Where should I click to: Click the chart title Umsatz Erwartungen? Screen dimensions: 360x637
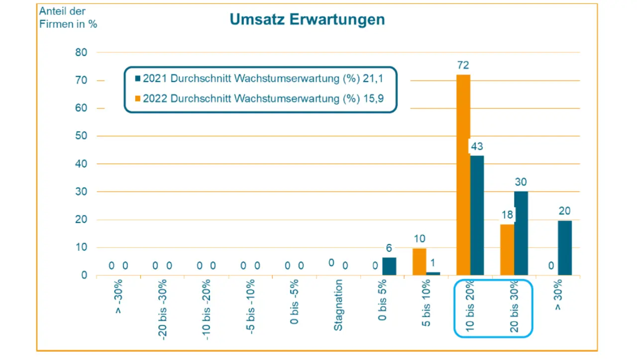point(307,19)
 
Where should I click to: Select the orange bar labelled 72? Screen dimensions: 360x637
point(463,174)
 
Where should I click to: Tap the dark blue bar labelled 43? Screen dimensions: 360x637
point(477,215)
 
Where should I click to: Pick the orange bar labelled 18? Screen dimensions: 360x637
point(507,249)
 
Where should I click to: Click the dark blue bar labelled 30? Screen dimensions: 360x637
point(521,233)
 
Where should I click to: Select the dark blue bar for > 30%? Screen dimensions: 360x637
point(565,247)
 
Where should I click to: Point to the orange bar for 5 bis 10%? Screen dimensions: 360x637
point(420,261)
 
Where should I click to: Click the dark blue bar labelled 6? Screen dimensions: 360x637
point(389,266)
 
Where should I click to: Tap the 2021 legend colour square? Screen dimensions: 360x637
point(138,79)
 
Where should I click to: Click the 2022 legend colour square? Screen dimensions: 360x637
point(138,99)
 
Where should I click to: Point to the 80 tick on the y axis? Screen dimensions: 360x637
point(81,53)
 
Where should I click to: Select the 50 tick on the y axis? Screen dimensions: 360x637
point(81,136)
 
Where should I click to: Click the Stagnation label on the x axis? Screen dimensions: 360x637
point(338,305)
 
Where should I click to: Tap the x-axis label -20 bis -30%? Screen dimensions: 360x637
point(163,309)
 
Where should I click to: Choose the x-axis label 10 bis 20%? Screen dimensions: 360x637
point(470,306)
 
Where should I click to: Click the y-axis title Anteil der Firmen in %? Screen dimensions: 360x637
point(68,17)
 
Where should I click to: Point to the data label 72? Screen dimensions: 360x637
point(463,65)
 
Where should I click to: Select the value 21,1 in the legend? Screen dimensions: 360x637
point(377,79)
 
